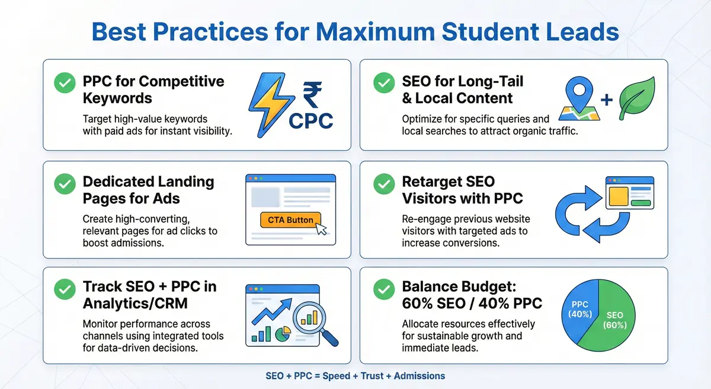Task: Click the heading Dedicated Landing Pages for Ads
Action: coord(149,190)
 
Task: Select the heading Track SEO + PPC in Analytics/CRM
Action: coord(149,295)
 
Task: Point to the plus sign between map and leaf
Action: coord(607,100)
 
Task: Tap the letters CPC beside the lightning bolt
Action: coord(311,120)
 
